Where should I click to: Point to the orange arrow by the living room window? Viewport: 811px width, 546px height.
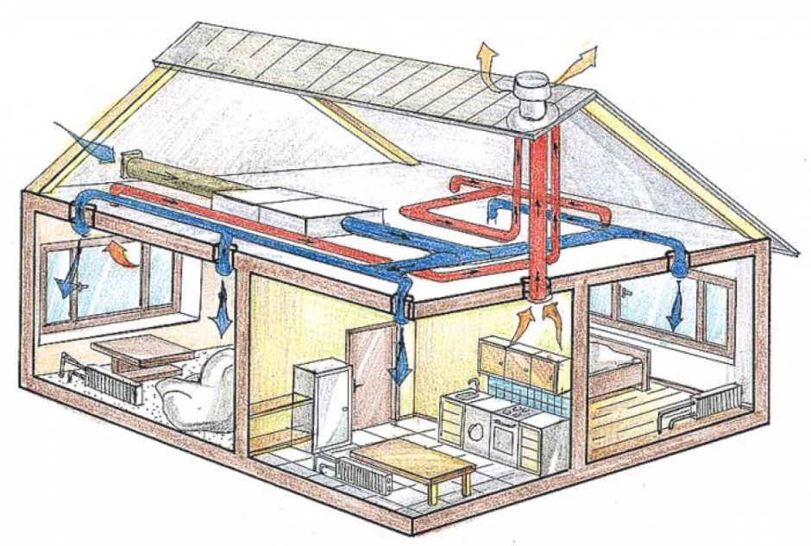121,254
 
